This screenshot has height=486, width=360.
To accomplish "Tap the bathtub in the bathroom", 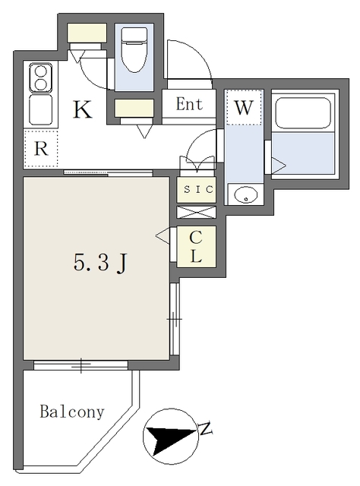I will pos(304,115).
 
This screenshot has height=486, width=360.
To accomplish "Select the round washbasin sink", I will pos(246,195).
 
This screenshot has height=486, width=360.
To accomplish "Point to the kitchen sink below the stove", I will pos(40,109).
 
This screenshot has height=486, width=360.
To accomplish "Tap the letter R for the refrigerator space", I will pos(40,149).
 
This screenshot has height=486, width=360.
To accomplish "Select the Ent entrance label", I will pos(189,105).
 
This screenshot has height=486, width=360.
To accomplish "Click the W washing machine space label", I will pos(243,108).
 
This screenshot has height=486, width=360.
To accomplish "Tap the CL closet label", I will pos(196,246).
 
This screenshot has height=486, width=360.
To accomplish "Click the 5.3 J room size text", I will pos(99,263).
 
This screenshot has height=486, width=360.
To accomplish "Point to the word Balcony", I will pos(71,412).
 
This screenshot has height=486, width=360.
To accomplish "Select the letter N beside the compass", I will pos(204,430).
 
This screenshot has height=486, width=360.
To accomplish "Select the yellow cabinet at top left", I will pos(87,33).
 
